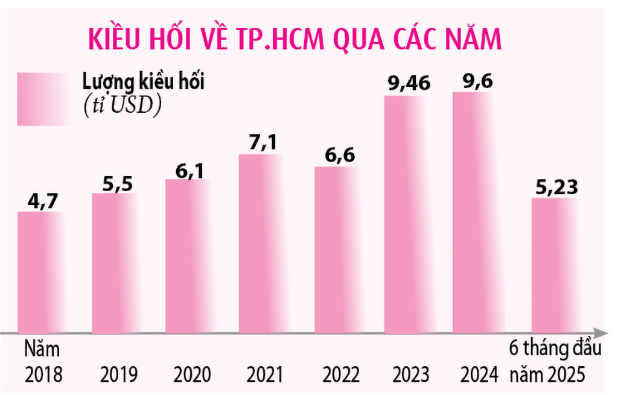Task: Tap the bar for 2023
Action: (x=408, y=214)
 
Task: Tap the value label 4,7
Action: (x=42, y=200)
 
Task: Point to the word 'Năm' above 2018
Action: (x=42, y=350)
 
